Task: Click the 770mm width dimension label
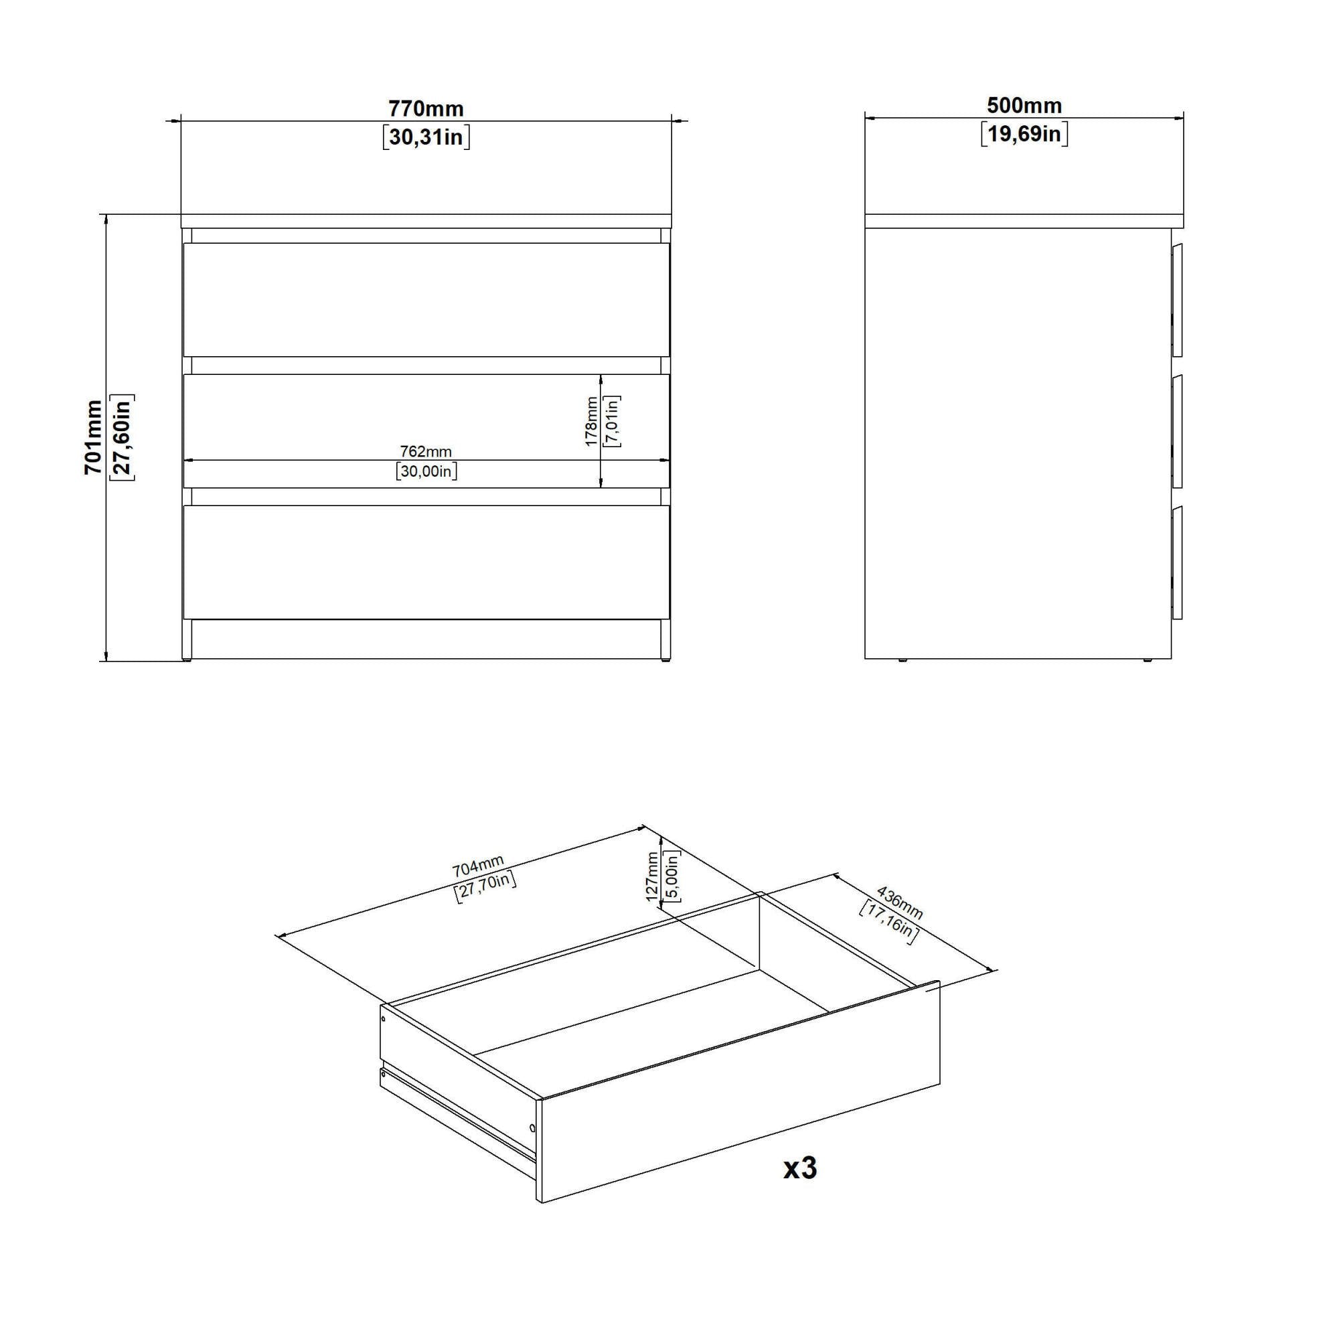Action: coord(426,109)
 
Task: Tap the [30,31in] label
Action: coord(426,137)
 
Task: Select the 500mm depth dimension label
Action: coord(1024,105)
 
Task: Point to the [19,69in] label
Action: coord(1024,134)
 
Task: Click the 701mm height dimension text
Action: coord(94,437)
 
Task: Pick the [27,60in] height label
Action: coord(122,437)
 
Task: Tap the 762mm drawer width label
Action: coord(426,451)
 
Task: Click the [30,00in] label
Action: coord(426,471)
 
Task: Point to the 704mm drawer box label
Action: coord(478,866)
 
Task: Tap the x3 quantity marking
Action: coord(801,1168)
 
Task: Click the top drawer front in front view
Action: coord(426,299)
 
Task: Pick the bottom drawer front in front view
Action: coord(426,562)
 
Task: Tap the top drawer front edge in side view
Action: coord(1177,299)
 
